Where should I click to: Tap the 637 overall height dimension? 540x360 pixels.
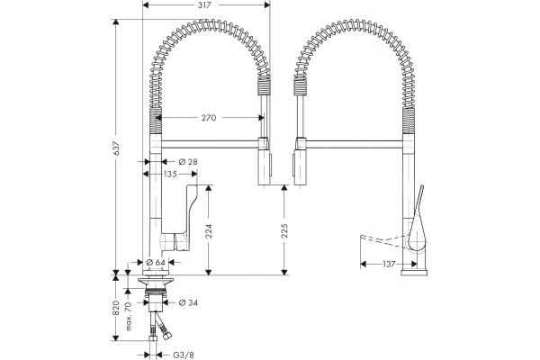coord(117,148)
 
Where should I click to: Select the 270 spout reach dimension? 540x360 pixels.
coord(209,118)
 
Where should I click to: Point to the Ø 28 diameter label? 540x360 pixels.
coord(188,162)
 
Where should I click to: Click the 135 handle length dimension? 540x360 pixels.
coord(170,175)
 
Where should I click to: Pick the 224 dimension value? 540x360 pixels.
coord(209,231)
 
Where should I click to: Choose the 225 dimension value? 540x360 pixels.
coord(284,230)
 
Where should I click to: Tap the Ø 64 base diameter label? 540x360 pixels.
coord(156,263)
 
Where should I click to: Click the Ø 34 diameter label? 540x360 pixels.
coord(188,302)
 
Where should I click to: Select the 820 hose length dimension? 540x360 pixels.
coord(116,308)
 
